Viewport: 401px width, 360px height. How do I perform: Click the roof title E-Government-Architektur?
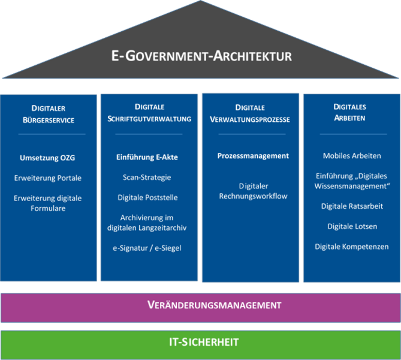click(x=201, y=56)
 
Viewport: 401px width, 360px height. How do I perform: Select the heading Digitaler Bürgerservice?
click(x=49, y=114)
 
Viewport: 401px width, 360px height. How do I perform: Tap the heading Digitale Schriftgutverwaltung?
click(x=150, y=113)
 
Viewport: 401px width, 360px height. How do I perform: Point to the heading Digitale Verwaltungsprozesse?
click(x=250, y=113)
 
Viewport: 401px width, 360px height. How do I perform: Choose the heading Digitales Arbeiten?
click(x=351, y=112)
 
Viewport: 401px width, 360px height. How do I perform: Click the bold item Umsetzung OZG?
click(x=48, y=158)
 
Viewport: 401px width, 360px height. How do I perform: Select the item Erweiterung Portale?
click(x=48, y=178)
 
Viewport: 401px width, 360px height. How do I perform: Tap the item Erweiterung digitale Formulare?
click(x=48, y=203)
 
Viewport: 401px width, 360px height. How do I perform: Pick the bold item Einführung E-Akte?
click(x=147, y=157)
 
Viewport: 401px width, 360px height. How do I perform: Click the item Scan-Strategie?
click(x=147, y=178)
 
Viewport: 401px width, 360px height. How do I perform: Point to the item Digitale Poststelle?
click(x=147, y=197)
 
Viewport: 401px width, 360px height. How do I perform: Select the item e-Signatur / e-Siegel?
click(x=147, y=248)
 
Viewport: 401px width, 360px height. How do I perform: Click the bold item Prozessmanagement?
click(x=253, y=156)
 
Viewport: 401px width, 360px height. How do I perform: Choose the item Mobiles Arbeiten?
click(x=352, y=156)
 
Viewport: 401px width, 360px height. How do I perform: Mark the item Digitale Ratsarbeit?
click(x=352, y=206)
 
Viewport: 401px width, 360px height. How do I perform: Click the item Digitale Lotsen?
click(x=352, y=226)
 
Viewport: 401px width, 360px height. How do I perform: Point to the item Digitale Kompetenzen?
click(x=352, y=247)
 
